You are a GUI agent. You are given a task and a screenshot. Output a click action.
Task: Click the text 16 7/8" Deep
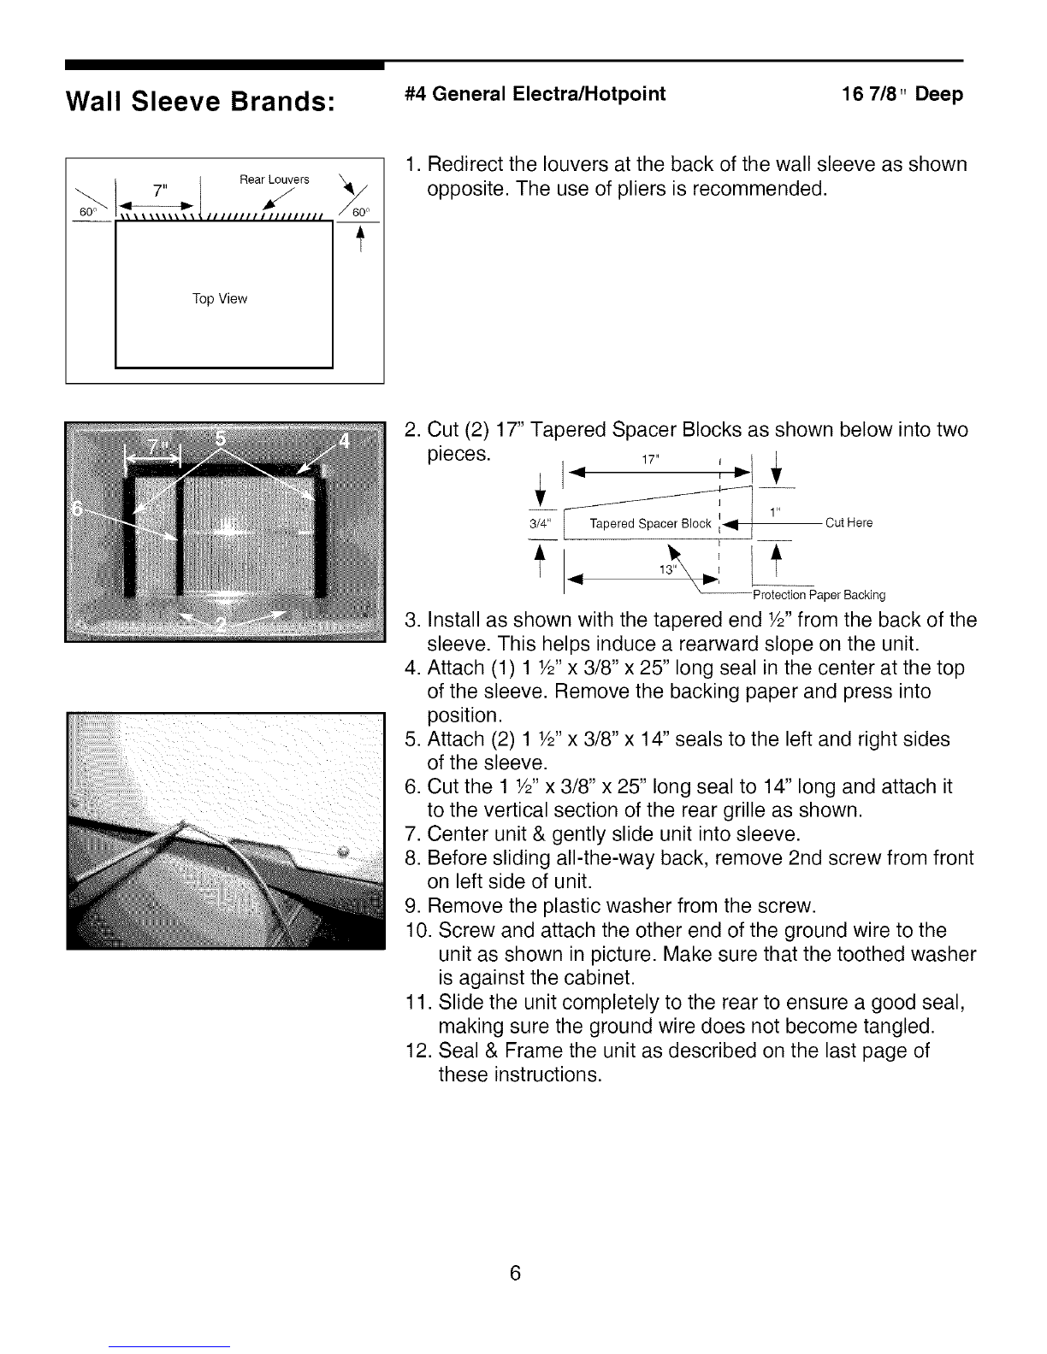902,94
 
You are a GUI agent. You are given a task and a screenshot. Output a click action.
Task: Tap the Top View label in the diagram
220,299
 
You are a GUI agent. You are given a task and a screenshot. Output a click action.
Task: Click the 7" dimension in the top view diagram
156,190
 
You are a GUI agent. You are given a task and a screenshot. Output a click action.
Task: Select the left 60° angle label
86,212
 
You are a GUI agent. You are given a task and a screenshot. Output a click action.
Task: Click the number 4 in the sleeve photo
344,442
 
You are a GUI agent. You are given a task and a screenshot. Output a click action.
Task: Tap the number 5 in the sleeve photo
220,439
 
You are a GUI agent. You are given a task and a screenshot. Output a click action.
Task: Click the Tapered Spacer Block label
650,524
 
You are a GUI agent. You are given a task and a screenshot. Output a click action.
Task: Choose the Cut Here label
849,523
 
